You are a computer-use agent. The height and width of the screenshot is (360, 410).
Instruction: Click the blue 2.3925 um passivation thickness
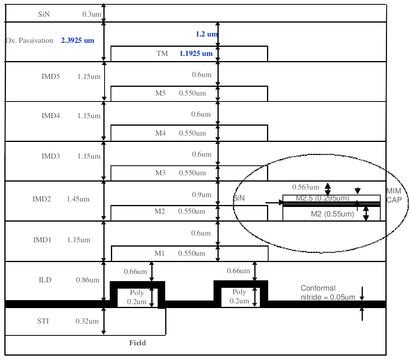[78, 40]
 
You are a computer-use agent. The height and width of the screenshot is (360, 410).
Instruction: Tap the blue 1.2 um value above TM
[207, 34]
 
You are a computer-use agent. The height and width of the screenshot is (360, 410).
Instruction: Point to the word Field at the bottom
[137, 343]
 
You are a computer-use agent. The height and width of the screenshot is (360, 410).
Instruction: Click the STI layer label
[43, 321]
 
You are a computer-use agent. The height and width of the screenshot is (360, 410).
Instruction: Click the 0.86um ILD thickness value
[88, 280]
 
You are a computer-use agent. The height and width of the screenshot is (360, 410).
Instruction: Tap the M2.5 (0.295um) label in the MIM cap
[322, 198]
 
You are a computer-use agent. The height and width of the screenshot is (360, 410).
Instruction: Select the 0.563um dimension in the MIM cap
[306, 187]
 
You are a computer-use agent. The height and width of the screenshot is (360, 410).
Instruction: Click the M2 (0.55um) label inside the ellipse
[332, 214]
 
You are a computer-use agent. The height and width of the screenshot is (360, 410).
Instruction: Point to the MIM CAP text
[394, 196]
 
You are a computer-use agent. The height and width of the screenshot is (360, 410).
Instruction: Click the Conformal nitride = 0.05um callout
[328, 293]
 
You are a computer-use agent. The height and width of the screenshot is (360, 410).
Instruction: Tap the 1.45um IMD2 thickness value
[78, 199]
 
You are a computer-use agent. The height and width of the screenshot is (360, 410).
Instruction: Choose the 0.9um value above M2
[201, 195]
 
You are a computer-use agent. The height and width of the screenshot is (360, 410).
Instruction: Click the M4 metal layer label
[160, 133]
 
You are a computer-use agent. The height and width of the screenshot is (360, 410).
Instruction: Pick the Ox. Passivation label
[30, 40]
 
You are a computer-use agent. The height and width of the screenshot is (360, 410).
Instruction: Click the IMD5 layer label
[51, 77]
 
